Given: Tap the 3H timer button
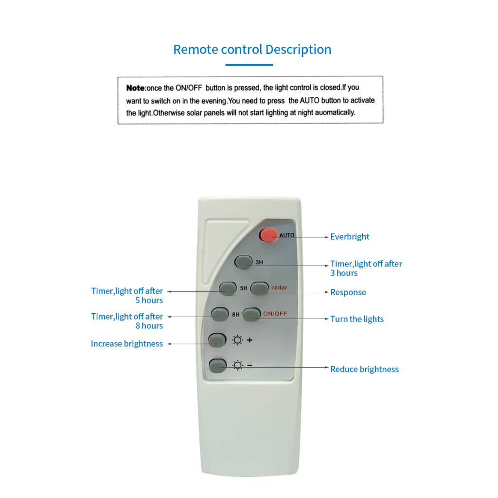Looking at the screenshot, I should (x=243, y=262).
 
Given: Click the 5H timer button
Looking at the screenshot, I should (x=227, y=288).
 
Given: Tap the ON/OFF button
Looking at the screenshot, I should (x=251, y=314).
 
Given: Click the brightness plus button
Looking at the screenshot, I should (x=217, y=340).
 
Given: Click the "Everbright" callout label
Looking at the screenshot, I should (x=350, y=237).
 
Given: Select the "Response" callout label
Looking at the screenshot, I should (x=348, y=292).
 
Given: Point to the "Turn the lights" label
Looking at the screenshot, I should (x=356, y=319).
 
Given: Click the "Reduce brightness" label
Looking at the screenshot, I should (x=364, y=369).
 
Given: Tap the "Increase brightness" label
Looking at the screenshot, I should (x=127, y=344).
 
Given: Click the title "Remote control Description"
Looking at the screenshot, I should (x=252, y=50).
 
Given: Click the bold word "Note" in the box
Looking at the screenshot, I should (x=135, y=88).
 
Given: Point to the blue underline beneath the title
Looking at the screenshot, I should (x=249, y=65).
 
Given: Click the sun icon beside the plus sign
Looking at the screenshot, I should (x=237, y=340).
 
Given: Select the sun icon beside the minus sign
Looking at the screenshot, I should (x=237, y=365).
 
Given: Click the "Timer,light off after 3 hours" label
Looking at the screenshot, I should (x=366, y=268).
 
